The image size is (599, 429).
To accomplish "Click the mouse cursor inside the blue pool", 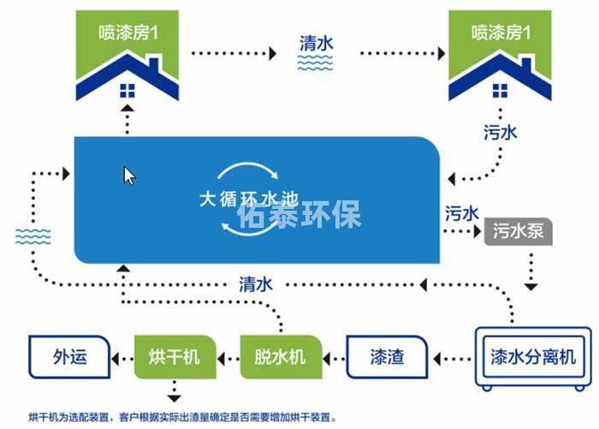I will tap(129, 176).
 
